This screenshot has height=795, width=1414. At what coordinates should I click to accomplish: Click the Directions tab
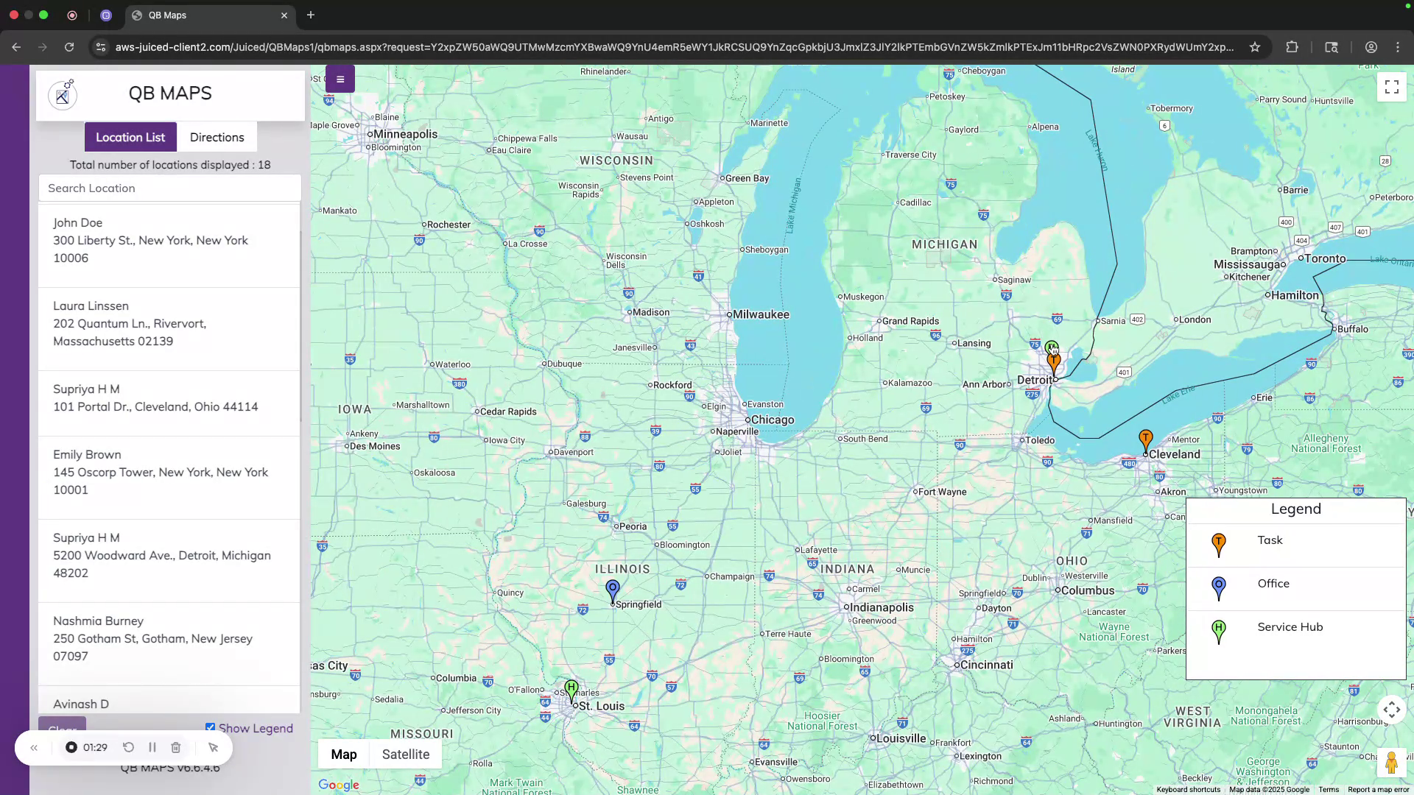click(217, 138)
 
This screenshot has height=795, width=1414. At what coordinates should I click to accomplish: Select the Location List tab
click(130, 138)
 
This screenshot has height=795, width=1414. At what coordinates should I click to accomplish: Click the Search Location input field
click(169, 188)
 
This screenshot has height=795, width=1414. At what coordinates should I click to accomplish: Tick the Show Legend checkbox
click(211, 727)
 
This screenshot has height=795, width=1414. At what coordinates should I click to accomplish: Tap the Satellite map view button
click(405, 755)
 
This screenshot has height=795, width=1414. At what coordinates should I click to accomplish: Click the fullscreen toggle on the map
click(1391, 88)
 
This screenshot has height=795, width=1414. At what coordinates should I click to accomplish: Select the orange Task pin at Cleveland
click(1145, 440)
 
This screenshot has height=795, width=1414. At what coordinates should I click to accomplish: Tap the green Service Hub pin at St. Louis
click(571, 690)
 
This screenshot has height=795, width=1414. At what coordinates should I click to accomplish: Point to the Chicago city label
click(772, 420)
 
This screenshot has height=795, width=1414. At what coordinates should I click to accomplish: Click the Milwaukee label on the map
click(761, 314)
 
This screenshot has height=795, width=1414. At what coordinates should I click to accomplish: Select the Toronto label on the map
click(1325, 258)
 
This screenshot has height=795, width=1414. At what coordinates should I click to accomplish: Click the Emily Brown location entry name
click(87, 455)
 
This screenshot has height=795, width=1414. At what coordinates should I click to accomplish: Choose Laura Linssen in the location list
click(91, 306)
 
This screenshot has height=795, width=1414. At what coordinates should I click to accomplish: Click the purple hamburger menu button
click(340, 79)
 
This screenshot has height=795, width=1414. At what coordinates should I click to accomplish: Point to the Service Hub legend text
click(1290, 627)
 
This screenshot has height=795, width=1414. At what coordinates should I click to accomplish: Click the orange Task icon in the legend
click(1219, 545)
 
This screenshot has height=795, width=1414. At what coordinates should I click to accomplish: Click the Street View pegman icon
click(1390, 763)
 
